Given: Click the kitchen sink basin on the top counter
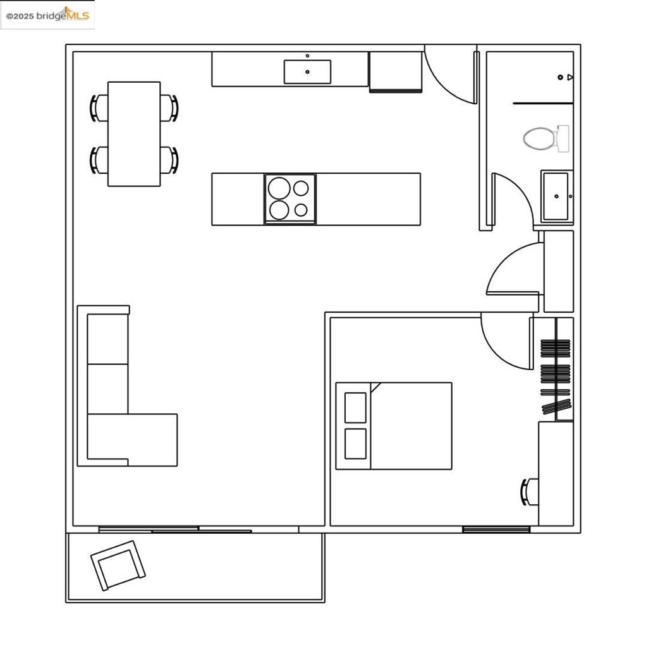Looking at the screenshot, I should tap(307, 71).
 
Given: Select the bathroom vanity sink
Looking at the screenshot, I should tap(556, 197).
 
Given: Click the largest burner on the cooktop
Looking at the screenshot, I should tap(279, 188).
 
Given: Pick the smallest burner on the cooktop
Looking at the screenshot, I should tap(302, 210).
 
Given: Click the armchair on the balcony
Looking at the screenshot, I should tap(118, 565).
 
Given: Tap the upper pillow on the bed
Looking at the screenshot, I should tap(356, 408).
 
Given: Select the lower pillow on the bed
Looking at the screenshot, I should tap(356, 444).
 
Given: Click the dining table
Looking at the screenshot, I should tap(134, 133).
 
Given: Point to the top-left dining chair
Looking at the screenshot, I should tap(100, 107).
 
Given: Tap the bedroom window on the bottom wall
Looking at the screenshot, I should tap(496, 529).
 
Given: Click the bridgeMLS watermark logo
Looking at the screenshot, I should tap(48, 15).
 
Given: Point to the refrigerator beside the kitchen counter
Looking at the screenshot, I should tap(396, 71).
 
